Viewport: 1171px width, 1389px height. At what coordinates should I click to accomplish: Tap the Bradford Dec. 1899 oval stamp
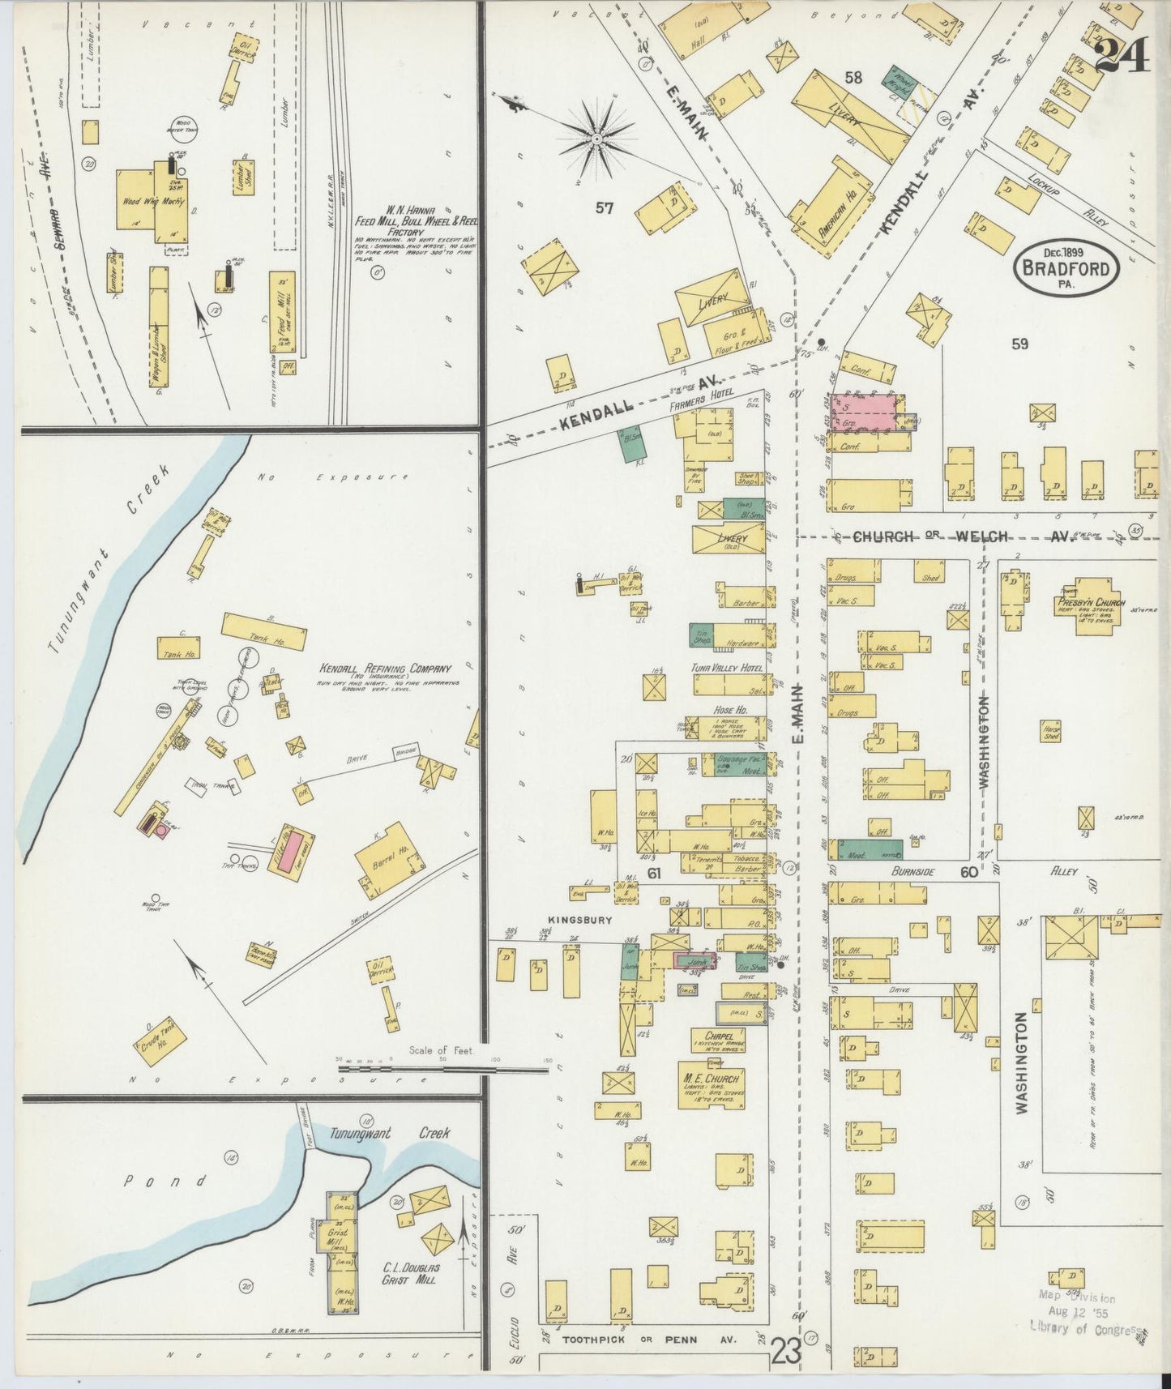[x=1066, y=267]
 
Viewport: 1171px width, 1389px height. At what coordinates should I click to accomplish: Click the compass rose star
[x=596, y=139]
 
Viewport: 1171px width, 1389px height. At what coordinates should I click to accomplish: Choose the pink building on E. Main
[x=864, y=412]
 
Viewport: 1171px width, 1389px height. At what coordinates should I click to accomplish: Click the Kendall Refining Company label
[x=385, y=669]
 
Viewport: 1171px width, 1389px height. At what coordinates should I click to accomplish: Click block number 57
[x=604, y=208]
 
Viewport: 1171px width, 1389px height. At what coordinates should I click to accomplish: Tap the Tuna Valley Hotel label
[x=727, y=668]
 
